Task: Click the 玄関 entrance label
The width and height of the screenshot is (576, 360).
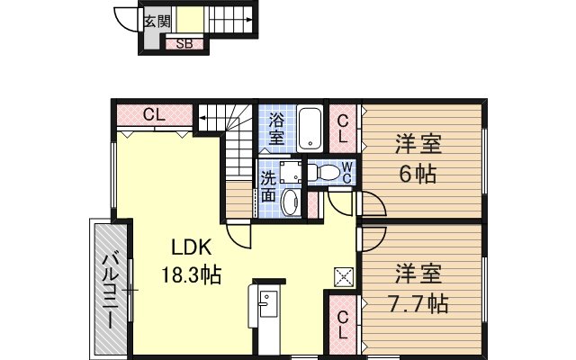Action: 157,21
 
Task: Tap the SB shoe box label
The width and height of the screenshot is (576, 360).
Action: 184,44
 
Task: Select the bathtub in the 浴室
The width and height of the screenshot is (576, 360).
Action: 310,128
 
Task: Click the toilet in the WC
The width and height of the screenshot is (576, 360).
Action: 322,172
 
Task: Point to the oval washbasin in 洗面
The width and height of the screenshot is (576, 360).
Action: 292,202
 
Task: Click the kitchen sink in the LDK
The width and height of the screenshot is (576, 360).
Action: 268,303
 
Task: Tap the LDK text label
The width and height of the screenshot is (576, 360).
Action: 192,247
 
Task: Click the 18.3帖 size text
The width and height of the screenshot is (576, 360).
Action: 192,274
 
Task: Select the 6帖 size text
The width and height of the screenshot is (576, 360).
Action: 418,174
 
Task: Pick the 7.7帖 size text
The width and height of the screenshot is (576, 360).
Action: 418,304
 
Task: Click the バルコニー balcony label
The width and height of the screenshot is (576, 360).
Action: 108,291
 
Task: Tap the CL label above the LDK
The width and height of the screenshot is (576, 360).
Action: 154,114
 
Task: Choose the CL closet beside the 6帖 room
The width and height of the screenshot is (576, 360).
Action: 342,129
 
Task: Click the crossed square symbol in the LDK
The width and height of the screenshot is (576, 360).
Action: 344,277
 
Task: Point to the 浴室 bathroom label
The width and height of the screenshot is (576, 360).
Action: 276,129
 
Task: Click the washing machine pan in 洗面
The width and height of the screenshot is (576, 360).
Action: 291,172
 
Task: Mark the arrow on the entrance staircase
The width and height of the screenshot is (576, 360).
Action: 230,20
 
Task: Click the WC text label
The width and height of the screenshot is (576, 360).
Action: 346,172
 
